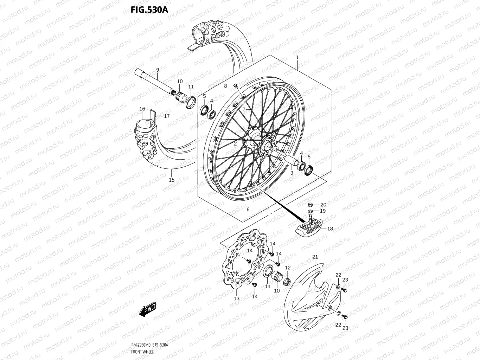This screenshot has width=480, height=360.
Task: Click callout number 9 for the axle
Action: click(x=158, y=70)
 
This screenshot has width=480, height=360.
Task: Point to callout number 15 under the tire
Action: click(x=172, y=180)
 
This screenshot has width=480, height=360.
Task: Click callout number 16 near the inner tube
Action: click(x=142, y=109)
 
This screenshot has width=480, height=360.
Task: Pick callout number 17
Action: click(x=167, y=116)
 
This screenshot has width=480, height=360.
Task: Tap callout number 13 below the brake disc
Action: click(x=237, y=298)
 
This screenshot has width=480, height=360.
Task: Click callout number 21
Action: click(x=315, y=257)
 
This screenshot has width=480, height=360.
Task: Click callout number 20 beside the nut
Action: click(x=323, y=205)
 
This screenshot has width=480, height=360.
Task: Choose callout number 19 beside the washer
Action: click(x=322, y=211)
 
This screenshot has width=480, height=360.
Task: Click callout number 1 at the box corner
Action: click(x=297, y=57)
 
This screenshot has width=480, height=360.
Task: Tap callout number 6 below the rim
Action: click(x=248, y=210)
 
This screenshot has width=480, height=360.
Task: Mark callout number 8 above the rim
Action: click(x=226, y=86)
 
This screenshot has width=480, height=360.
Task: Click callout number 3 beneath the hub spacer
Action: click(x=292, y=173)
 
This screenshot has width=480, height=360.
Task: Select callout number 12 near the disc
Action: click(x=288, y=268)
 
